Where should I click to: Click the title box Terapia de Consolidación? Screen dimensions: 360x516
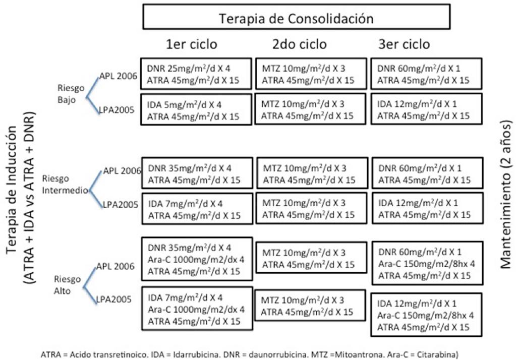pyautogui.click(x=296, y=18)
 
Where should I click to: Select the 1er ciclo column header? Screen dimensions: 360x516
pyautogui.click(x=192, y=44)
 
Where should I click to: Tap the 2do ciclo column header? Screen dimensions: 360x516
pyautogui.click(x=300, y=44)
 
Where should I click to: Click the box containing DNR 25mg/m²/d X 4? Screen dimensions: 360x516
pyautogui.click(x=196, y=74)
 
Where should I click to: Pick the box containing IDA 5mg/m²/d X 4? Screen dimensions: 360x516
pyautogui.click(x=196, y=110)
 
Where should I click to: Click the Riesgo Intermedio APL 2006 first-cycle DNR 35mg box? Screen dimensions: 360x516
pyautogui.click(x=196, y=173)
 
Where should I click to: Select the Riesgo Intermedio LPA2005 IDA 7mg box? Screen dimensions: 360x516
pyautogui.click(x=196, y=209)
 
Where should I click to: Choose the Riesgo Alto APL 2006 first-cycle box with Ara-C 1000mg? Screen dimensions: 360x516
pyautogui.click(x=196, y=261)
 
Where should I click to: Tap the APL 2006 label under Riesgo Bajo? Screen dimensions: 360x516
pyautogui.click(x=118, y=76)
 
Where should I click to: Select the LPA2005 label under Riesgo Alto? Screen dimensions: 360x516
pyautogui.click(x=114, y=299)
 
